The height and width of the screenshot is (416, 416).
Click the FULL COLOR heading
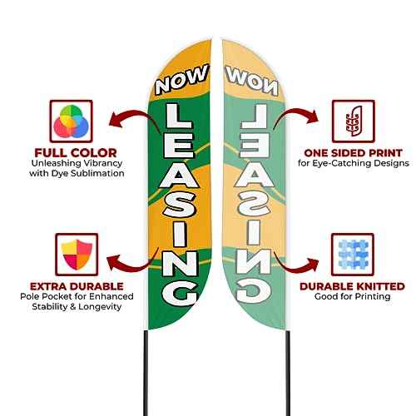pos(76,153)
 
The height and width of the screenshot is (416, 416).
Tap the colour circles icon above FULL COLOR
pos(71,121)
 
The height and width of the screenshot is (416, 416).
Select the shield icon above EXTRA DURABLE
pos(77,255)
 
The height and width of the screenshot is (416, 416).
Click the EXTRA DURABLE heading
pos(77,286)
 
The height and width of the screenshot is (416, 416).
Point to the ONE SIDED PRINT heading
pos(353,153)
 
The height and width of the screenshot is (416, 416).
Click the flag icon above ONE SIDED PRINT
pos(354,121)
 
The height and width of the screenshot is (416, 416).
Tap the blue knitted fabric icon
pos(353,255)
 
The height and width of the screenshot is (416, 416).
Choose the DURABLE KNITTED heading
pos(352,286)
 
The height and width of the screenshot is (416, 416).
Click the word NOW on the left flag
pos(181,79)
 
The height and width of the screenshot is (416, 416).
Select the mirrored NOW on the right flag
pos(251,80)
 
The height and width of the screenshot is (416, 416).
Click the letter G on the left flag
pos(180,294)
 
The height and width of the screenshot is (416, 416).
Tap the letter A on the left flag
pos(179,176)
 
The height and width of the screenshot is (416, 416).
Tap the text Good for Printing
pos(353,296)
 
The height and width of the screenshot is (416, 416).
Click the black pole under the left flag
pos(146,373)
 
